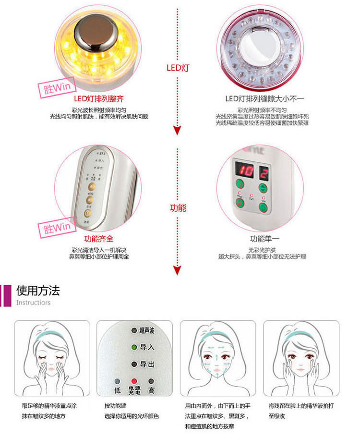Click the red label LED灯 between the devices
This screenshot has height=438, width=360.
(178, 68)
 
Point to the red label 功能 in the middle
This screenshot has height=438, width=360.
(178, 208)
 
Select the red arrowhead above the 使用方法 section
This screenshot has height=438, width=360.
(178, 270)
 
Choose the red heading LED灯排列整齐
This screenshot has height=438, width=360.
(99, 99)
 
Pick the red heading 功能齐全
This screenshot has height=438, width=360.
(99, 239)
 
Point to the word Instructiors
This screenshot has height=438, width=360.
(33, 303)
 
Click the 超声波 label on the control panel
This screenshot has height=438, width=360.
(147, 330)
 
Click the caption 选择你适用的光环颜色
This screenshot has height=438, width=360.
(131, 416)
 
